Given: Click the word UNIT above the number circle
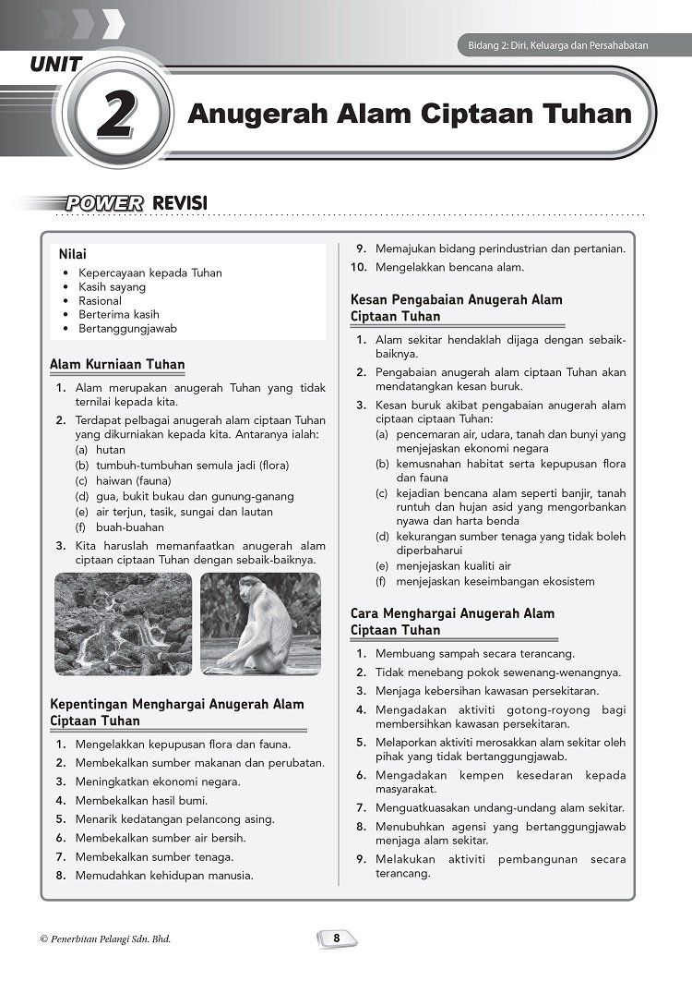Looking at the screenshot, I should tap(56, 65).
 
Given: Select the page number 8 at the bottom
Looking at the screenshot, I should tap(337, 939).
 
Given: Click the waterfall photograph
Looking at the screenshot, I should tap(123, 624).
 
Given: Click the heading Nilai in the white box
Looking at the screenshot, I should tap(73, 254).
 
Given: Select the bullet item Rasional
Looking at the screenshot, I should tap(100, 300).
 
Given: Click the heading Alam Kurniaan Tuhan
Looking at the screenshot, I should tap(117, 365).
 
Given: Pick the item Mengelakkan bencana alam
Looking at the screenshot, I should tap(449, 267).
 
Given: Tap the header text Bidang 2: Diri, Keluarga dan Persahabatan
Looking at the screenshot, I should tap(553, 45).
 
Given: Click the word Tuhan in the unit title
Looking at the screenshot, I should tap(587, 114).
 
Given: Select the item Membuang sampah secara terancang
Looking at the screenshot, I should tap(474, 653).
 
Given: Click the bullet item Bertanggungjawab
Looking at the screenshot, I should tap(127, 328).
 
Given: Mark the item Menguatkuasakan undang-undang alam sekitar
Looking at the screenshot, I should tap(499, 807).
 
